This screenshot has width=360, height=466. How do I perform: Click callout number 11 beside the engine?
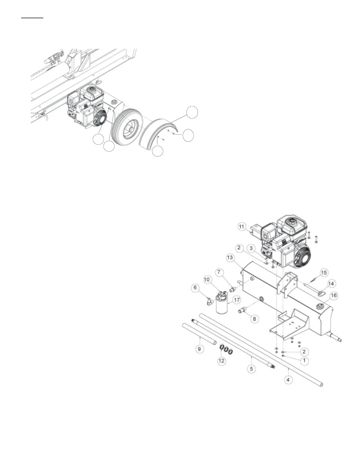point(241,227)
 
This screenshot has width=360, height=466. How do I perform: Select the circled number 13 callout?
point(230,257)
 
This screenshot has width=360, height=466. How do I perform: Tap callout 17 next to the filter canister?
point(236,300)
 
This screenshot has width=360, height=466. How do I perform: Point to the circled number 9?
point(199,349)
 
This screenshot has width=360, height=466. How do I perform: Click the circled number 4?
point(288,380)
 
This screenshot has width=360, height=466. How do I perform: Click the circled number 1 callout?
point(304,360)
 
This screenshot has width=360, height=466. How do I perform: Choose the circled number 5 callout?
point(251,368)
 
